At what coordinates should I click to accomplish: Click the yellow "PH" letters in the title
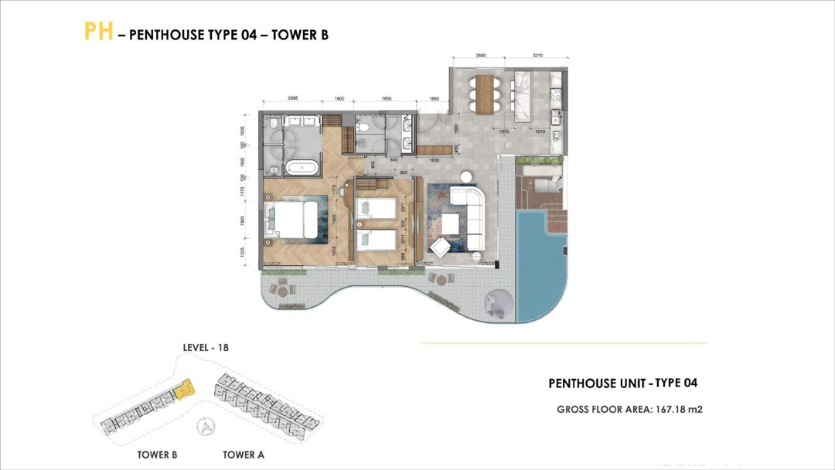pyautogui.click(x=98, y=32)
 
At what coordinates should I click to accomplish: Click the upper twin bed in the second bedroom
pyautogui.click(x=376, y=208)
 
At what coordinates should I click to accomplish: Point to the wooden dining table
pyautogui.click(x=486, y=93)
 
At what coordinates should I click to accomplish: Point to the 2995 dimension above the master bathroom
pyautogui.click(x=293, y=99)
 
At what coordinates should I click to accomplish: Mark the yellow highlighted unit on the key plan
pyautogui.click(x=184, y=390)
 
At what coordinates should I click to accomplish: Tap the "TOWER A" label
pyautogui.click(x=244, y=455)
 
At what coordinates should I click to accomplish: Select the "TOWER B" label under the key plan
pyautogui.click(x=157, y=455)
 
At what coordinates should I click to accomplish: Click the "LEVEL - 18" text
pyautogui.click(x=206, y=348)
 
